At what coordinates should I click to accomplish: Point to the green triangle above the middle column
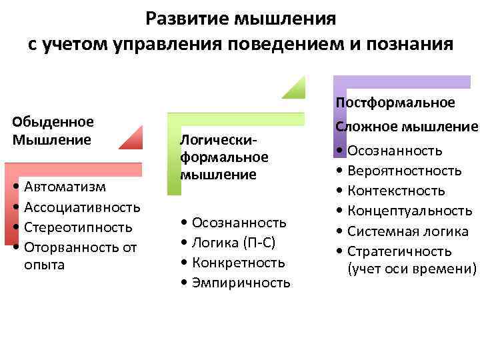293,88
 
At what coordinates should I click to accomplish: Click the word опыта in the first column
44,265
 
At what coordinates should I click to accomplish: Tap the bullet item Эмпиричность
241,283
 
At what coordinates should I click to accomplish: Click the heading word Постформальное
395,103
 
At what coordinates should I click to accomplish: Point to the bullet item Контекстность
396,191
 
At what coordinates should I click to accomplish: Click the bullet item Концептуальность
410,211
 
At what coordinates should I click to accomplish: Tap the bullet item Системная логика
407,231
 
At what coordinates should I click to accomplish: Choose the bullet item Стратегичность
399,251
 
